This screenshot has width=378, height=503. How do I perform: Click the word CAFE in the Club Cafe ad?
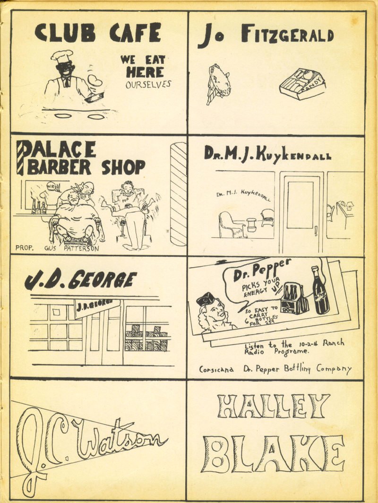coord(135,33)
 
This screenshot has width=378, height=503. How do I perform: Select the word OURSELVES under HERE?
coord(148,85)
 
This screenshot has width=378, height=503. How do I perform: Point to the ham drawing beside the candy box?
coord(219,82)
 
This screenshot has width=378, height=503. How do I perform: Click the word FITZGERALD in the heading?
coord(287,35)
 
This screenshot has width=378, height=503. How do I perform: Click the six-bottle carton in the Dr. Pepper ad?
coord(294,299)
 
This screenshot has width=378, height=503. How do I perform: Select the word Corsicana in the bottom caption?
coord(216,369)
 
